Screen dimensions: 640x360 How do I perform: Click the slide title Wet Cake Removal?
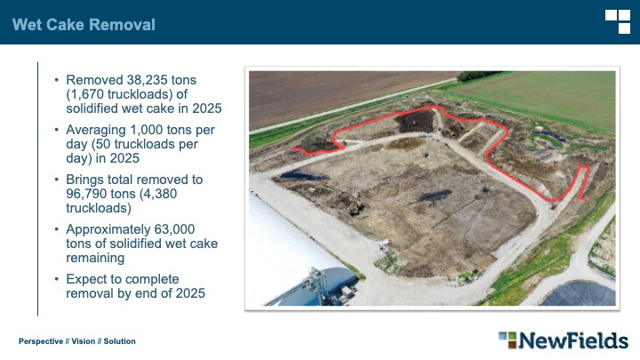point(84,25)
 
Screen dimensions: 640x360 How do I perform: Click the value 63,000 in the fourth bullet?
point(175,229)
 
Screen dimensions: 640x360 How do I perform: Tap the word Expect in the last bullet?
point(86,279)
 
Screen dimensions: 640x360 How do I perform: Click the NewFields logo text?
point(573,340)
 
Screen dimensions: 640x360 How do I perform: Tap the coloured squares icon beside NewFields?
point(508,340)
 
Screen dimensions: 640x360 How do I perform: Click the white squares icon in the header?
point(618,21)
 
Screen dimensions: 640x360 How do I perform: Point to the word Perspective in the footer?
point(41,341)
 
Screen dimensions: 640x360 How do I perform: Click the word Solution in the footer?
point(120,341)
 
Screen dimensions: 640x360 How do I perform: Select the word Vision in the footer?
point(84,341)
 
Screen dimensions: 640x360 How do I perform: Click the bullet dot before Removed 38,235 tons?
point(57,80)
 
